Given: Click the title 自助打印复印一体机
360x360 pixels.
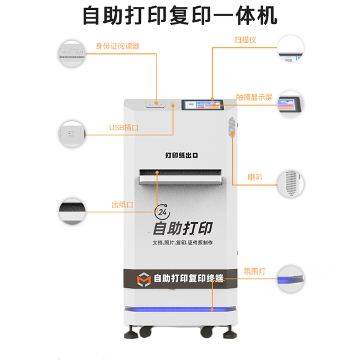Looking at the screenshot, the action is tap(180, 16).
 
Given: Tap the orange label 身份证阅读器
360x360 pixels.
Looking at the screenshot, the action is tap(117, 46).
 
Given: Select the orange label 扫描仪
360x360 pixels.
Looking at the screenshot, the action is tap(245, 40).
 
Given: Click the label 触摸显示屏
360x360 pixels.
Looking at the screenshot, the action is tap(254, 97).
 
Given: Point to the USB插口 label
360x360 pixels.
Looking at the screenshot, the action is tap(124, 127).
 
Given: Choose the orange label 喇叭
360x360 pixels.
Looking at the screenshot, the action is tap(255, 177).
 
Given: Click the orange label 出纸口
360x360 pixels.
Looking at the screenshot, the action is tap(122, 205).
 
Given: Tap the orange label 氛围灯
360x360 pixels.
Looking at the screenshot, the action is tap(254, 271).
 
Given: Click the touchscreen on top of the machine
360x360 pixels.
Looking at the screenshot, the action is tap(202, 105).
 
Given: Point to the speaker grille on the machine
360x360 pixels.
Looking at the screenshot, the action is tap(232, 127).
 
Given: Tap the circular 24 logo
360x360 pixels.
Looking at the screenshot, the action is tap(162, 212).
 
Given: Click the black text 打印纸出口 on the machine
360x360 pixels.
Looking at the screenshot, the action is tap(181, 155).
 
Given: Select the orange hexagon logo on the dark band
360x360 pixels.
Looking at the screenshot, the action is tap(144, 279).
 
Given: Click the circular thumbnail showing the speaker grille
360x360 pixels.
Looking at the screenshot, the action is tap(290, 184).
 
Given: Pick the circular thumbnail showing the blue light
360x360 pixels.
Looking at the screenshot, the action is tap(290, 279).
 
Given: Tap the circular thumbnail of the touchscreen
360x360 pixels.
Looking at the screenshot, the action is tap(290, 104).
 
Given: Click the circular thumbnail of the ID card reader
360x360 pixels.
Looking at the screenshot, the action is tap(72, 54).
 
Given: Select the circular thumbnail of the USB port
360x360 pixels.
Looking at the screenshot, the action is tap(72, 134).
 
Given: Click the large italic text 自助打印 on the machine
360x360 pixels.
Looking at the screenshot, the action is tap(182, 228).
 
